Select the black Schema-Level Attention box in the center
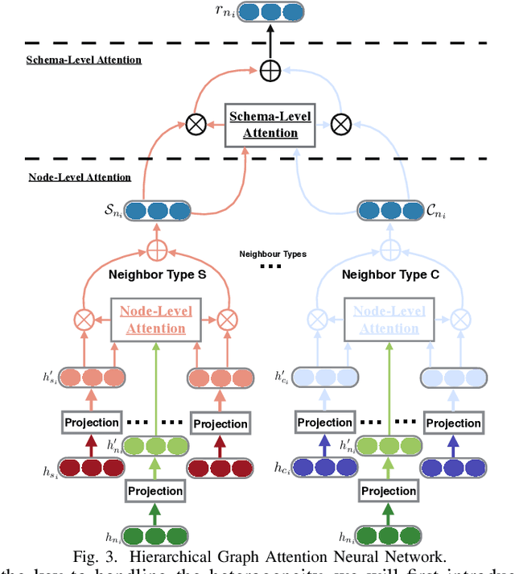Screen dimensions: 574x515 coord(270,124)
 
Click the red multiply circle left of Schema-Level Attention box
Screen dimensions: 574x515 coord(195,125)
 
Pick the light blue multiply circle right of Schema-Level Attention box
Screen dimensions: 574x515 coord(342,125)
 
